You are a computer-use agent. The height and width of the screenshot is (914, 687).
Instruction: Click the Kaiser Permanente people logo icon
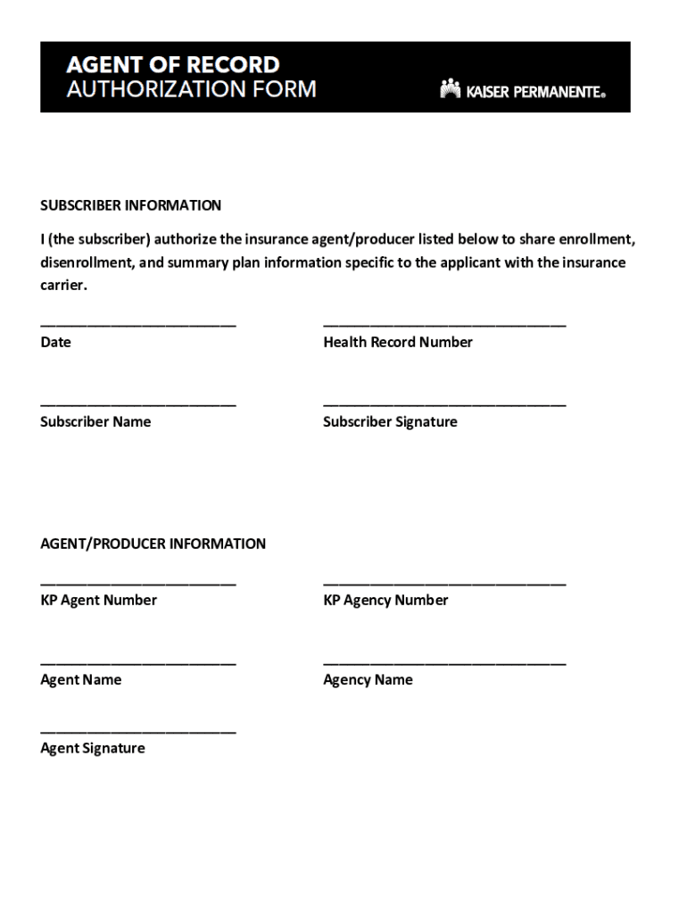(450, 88)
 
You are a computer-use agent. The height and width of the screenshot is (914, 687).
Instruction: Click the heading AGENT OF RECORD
(173, 64)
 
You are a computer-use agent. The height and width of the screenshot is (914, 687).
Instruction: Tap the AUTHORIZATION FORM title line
(191, 89)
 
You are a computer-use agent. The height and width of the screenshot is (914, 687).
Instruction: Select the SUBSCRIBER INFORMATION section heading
(130, 205)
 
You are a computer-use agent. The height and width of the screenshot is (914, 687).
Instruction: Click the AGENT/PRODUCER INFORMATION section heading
(153, 544)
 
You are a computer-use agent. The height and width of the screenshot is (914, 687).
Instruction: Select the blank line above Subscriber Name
(138, 404)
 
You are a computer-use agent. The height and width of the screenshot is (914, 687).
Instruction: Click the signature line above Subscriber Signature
(444, 404)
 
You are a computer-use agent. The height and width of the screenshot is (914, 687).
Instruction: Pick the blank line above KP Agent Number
(138, 583)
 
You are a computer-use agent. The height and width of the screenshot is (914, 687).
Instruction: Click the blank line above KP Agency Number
(444, 583)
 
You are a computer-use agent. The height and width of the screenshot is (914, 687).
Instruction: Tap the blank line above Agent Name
(138, 662)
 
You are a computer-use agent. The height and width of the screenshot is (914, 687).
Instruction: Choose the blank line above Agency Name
(444, 662)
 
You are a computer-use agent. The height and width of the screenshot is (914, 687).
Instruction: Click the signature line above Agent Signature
(138, 731)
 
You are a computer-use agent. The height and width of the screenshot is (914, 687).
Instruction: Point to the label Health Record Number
(398, 342)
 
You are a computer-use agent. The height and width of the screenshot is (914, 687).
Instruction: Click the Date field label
(55, 342)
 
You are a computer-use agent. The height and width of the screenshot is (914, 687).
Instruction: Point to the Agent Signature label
(92, 748)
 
